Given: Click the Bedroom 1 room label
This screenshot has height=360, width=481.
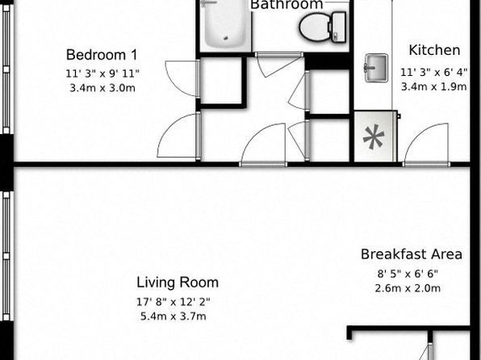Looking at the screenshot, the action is pos(102,55).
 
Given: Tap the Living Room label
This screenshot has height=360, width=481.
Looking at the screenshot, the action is pos(178,283).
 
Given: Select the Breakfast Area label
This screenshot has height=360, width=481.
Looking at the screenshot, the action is pos(412,254).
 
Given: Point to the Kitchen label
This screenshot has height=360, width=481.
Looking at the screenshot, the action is pos(434,50).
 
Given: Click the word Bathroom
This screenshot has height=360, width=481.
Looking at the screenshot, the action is pos(287,5).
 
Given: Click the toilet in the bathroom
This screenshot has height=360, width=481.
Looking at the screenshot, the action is pos(323,27).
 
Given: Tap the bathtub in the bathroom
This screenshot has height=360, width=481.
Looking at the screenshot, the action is pos(226,24).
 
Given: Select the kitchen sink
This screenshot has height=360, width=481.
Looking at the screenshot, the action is pos(376,68).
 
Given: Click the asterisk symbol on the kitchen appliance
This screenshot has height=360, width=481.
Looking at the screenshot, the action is pos(374,137).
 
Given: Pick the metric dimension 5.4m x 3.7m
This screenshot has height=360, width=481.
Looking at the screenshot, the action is pos(174,316).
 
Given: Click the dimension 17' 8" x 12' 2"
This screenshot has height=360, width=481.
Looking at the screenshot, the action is pos(174,302).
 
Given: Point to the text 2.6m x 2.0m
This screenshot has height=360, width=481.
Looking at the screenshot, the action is pos(408,288).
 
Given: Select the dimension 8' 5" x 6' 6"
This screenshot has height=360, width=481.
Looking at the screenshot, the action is pos(408,274).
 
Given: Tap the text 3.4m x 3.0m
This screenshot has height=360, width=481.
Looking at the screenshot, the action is pos(102,88).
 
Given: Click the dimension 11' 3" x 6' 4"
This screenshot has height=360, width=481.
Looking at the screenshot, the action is pos(433,73).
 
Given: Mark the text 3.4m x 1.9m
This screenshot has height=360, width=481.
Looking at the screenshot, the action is pos(433,87).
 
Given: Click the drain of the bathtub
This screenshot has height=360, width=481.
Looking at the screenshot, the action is pos(227,39).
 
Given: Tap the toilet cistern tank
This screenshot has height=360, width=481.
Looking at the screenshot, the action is pos(339,27).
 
